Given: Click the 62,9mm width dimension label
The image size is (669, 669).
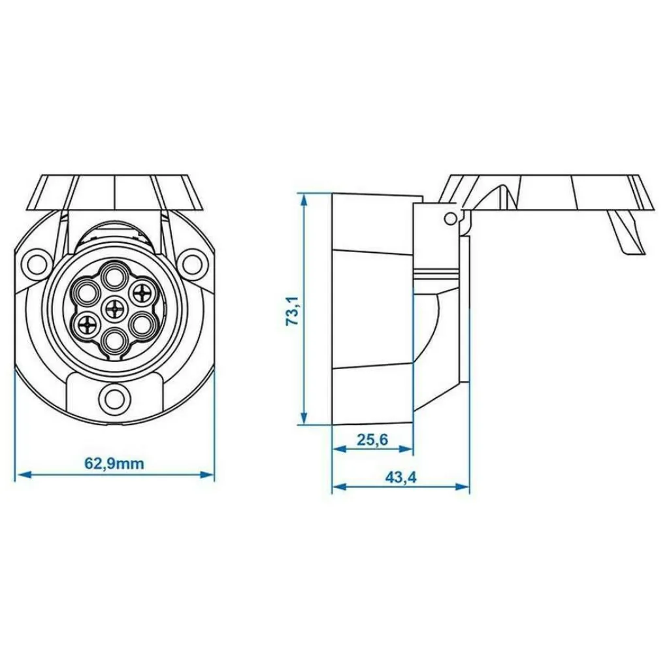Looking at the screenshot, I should point(114,464).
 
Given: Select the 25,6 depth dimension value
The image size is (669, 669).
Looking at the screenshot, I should point(372,440).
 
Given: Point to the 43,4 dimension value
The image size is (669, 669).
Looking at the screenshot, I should point(400,478).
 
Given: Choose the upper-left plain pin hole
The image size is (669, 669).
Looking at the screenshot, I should point(86,289).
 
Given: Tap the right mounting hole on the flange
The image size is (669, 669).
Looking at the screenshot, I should point(194,263).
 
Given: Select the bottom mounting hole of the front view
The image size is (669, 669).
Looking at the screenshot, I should point(115,397).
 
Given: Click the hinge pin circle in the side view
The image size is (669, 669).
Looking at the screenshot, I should point(448,218).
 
